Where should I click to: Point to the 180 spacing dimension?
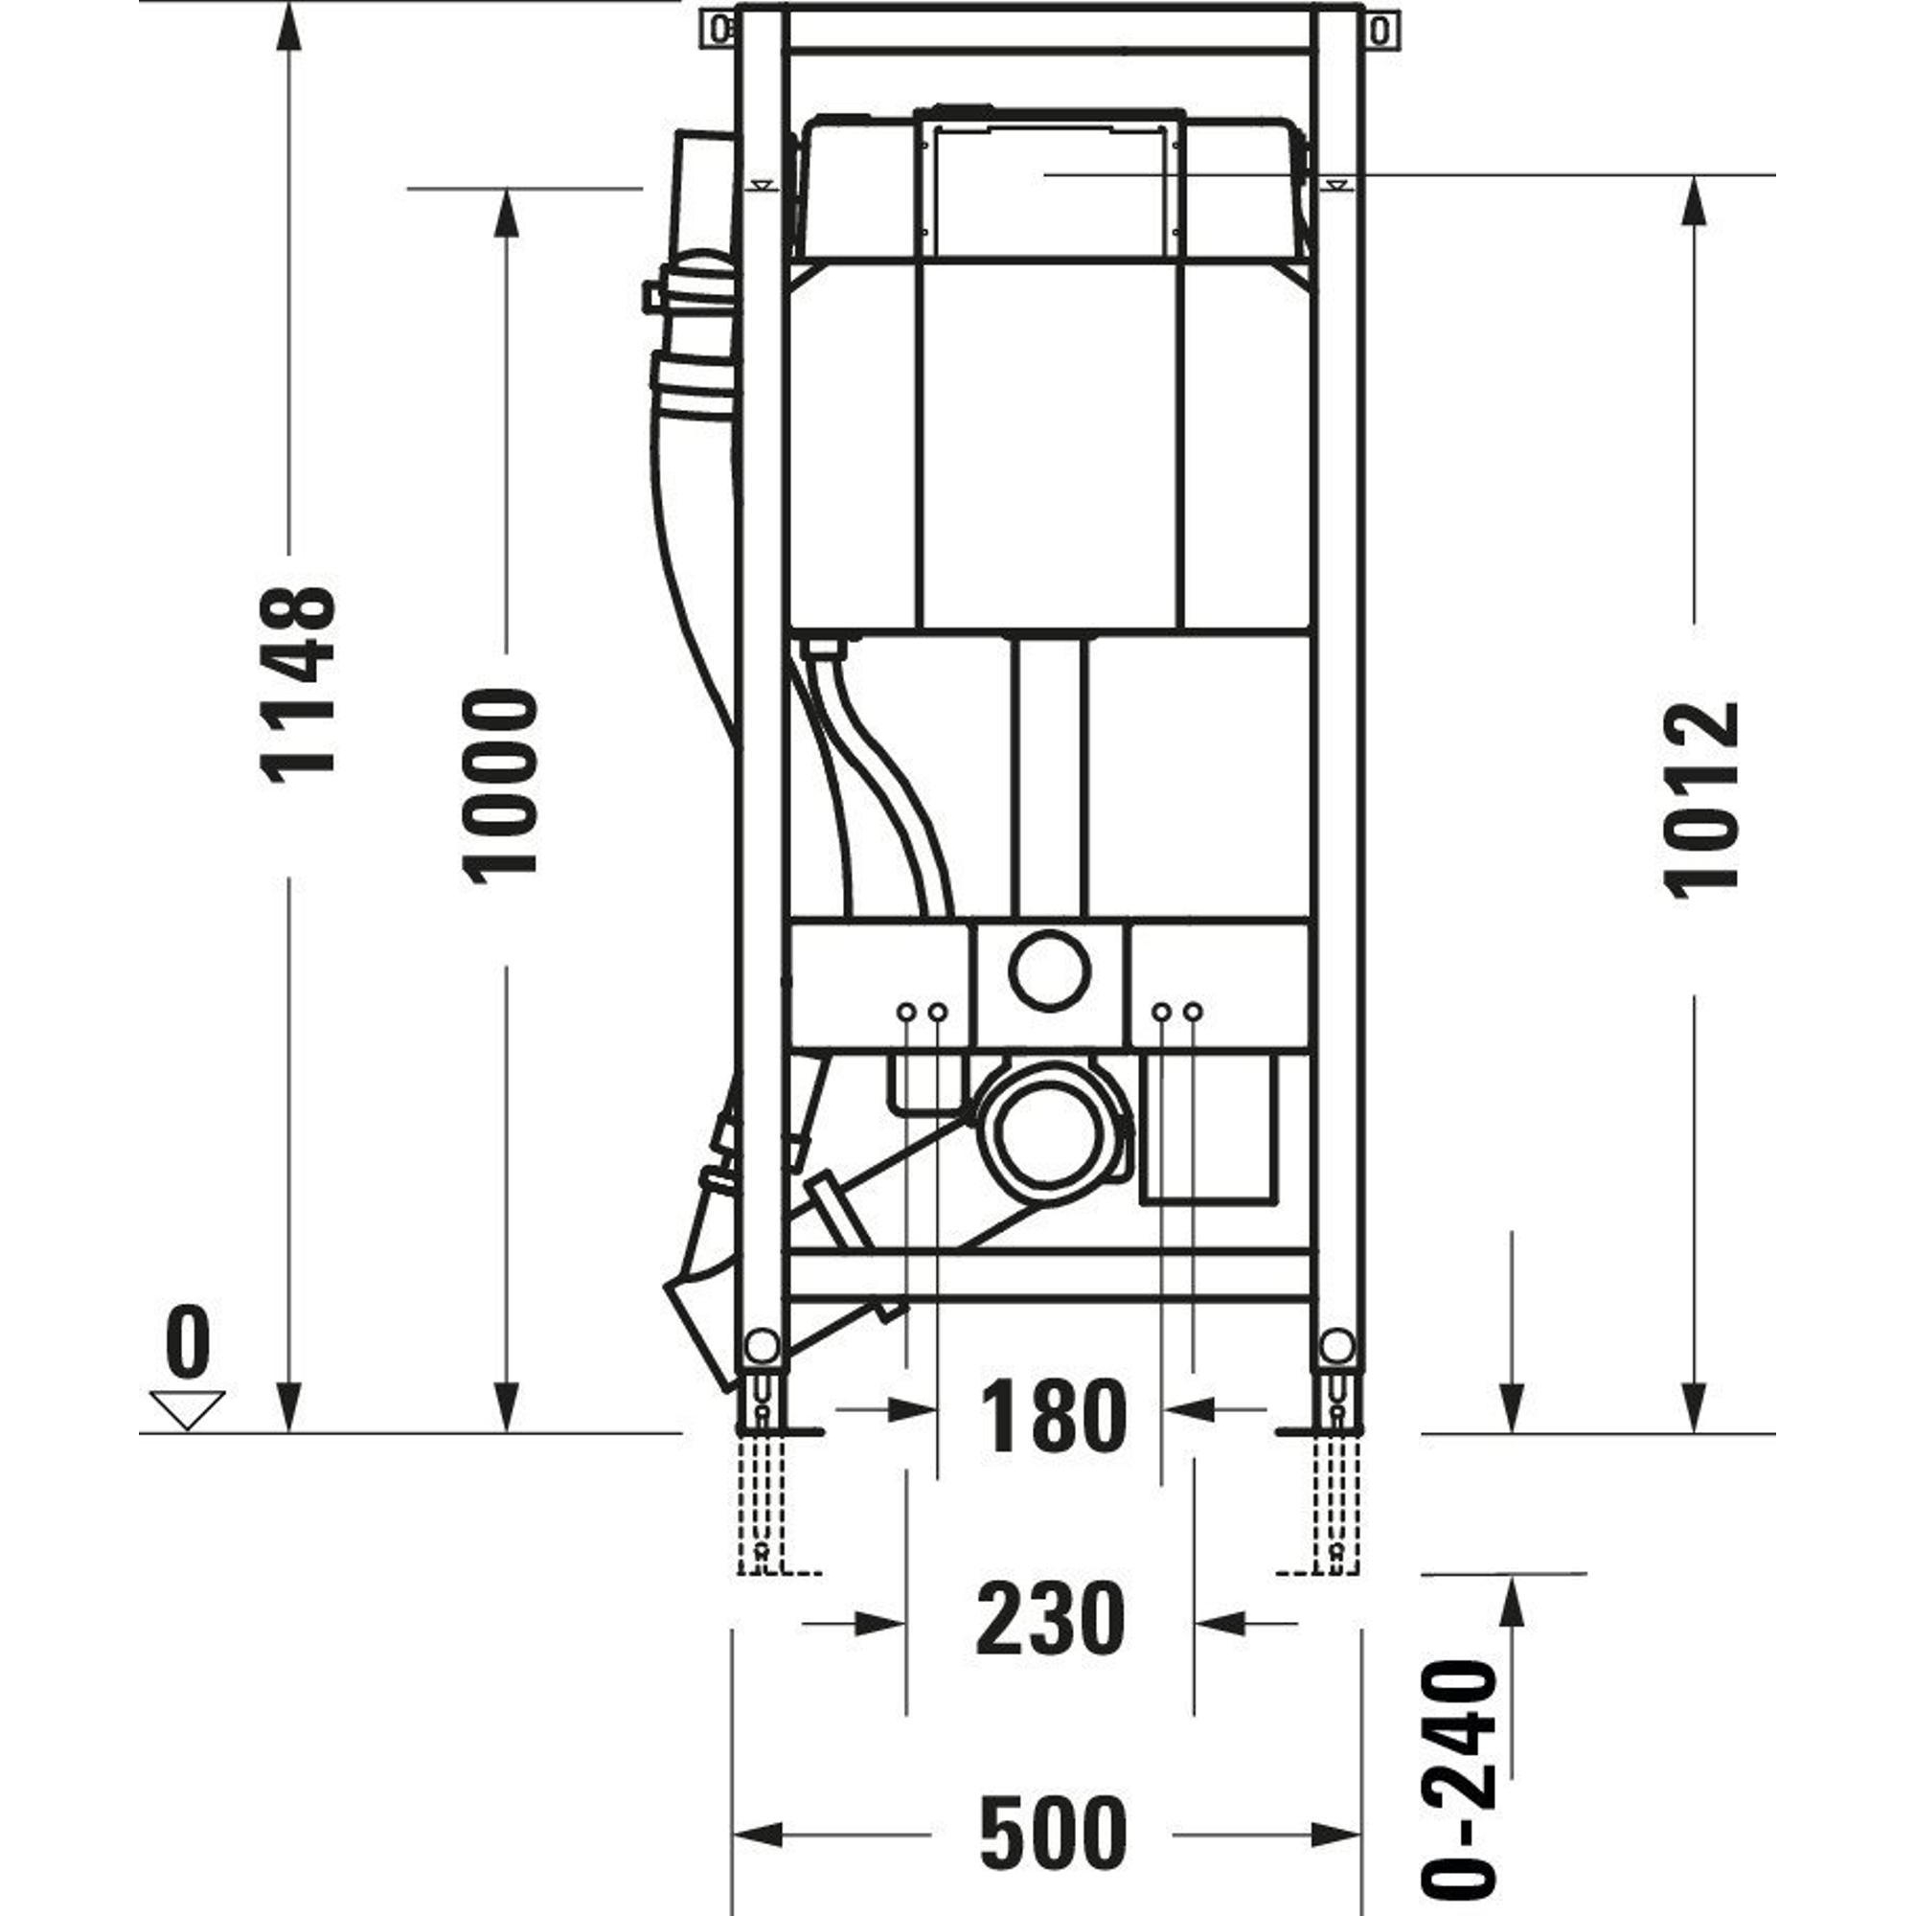tap(1052, 1415)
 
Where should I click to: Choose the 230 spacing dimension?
tap(1050, 1618)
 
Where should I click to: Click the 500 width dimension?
tap(1053, 1804)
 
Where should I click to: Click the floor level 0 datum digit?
tap(188, 1340)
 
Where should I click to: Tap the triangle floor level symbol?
tap(188, 1409)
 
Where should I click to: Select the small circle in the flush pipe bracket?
tap(1050, 970)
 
